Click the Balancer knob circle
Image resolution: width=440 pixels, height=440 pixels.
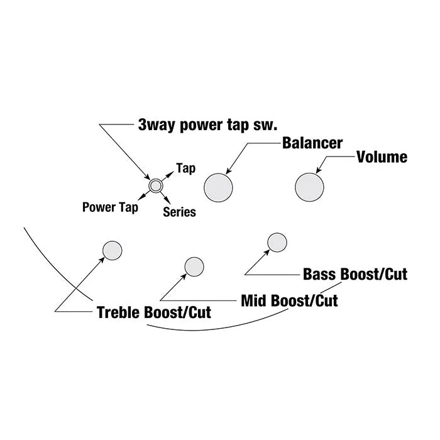218,187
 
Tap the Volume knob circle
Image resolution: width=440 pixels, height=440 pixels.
309,187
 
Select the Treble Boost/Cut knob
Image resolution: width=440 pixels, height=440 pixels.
113,250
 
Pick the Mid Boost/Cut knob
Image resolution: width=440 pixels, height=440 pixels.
194,267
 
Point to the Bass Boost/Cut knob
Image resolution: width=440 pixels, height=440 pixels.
277,243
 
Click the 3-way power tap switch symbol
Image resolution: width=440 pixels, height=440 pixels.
156,186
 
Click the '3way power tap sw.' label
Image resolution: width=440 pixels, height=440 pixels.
207,125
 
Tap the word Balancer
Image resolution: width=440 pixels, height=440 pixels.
312,143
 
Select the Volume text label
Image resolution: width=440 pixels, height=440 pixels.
382,157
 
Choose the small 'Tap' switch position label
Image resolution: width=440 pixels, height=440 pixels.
186,168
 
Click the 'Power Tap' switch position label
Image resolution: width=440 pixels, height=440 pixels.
110,207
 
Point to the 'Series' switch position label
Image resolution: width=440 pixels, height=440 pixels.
179,212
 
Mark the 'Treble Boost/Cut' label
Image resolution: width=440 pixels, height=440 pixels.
154,312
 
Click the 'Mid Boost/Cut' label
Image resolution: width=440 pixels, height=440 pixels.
289,300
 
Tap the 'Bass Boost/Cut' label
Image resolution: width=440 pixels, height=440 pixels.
355,274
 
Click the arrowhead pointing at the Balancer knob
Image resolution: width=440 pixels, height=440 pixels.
228,171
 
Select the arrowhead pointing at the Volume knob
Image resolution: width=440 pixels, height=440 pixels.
319,170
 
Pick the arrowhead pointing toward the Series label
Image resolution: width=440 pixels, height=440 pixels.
168,201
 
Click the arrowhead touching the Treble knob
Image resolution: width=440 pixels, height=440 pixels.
102,260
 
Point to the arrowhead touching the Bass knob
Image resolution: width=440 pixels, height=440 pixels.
267,252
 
